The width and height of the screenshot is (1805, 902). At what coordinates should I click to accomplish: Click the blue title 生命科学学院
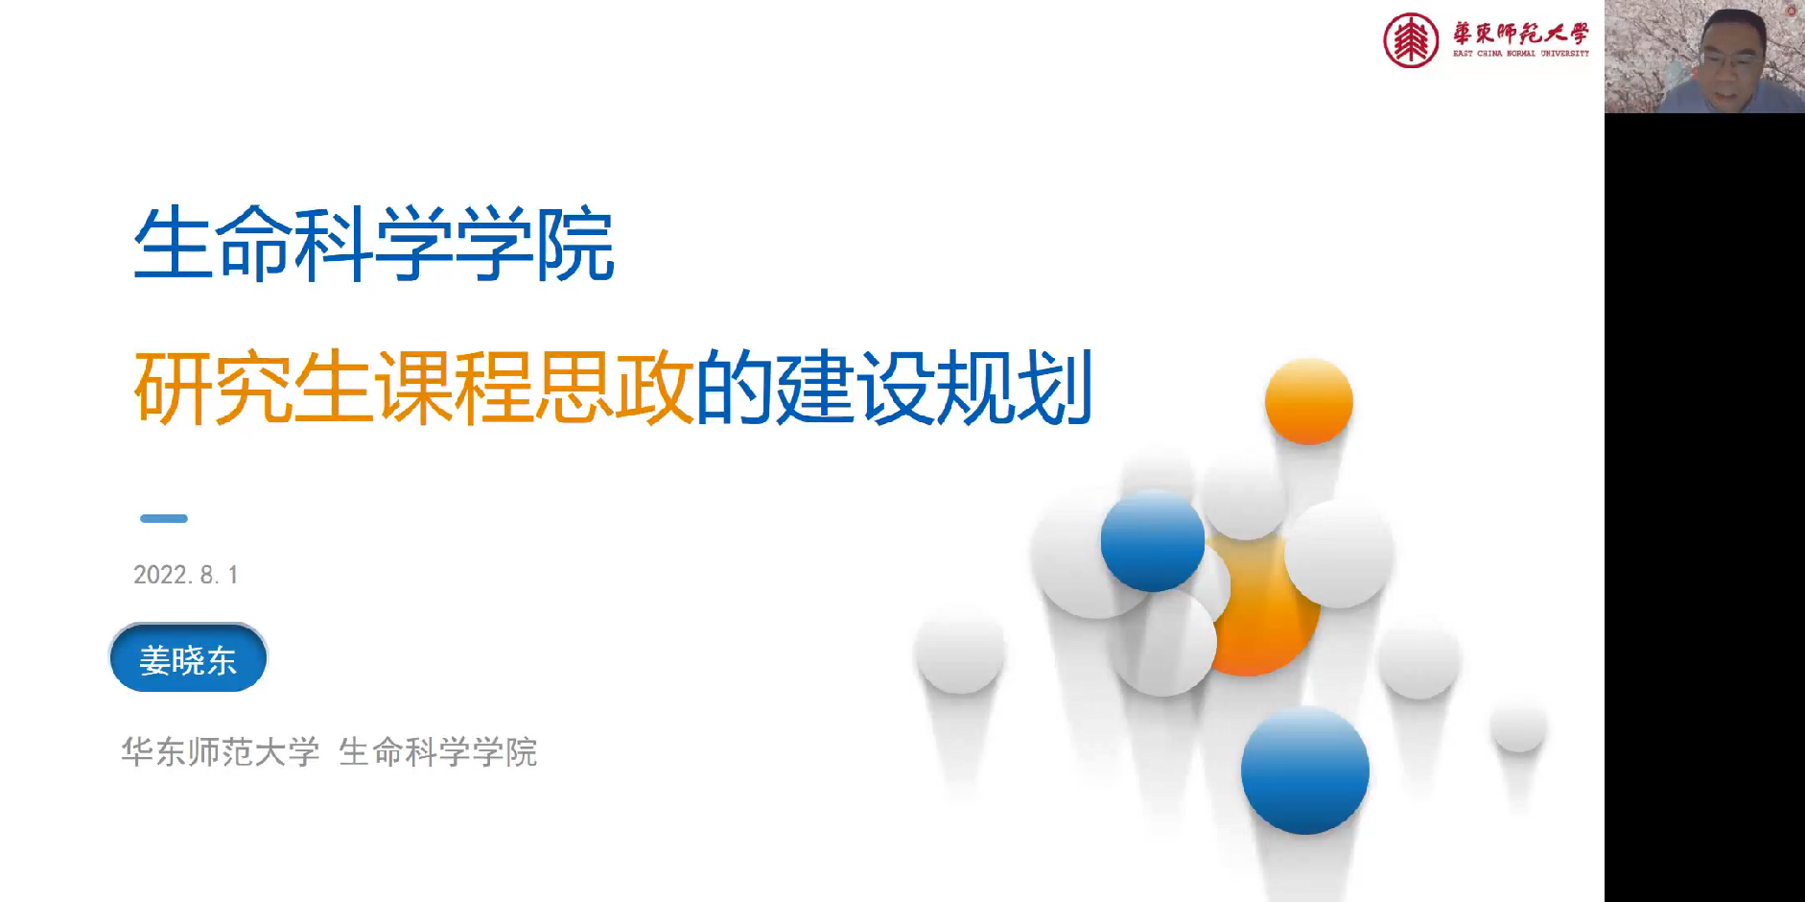(x=374, y=245)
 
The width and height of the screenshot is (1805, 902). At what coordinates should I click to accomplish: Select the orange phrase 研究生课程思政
(x=413, y=388)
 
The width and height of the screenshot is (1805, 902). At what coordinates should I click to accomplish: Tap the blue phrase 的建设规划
(x=894, y=388)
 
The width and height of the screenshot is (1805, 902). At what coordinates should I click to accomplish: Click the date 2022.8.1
(x=186, y=575)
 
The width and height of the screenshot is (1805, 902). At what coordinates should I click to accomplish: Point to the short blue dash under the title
(x=164, y=518)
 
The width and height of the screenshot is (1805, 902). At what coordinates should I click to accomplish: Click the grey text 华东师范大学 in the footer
(x=221, y=752)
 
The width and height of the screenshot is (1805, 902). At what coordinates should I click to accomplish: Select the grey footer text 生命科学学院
(x=438, y=752)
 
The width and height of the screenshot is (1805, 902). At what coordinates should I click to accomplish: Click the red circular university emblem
(x=1411, y=40)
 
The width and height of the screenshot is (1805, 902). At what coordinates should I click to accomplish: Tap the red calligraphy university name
(x=1521, y=34)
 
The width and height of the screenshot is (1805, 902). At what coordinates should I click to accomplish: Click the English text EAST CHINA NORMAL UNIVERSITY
(x=1521, y=54)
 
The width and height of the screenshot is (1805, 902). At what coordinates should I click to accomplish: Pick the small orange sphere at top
(x=1309, y=401)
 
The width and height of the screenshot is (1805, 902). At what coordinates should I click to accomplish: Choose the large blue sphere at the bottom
(x=1305, y=771)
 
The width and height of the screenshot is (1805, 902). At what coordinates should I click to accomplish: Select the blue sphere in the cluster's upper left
(x=1153, y=540)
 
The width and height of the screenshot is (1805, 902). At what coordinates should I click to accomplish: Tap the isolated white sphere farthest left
(x=960, y=651)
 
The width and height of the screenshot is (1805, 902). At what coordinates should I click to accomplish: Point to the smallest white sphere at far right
(x=1519, y=726)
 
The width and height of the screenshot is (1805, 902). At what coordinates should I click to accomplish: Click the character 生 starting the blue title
(x=173, y=245)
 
